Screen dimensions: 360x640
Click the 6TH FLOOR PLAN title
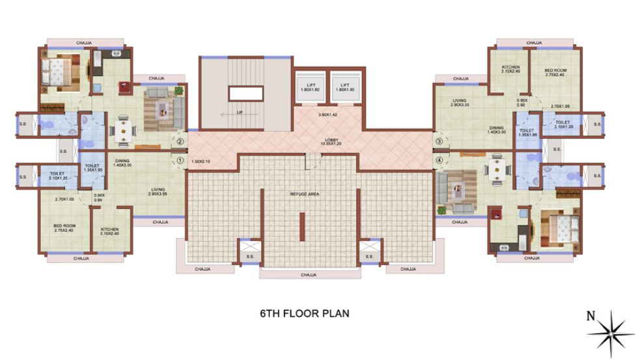(305, 313)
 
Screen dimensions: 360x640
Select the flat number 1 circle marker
(180, 156)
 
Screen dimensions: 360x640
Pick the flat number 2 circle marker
(180, 140)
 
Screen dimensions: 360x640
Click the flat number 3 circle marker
(439, 141)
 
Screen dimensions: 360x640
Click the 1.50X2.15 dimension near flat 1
(202, 161)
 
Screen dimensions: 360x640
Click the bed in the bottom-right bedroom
(558, 228)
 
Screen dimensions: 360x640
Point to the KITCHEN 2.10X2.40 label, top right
(510, 70)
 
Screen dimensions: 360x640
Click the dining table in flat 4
(497, 168)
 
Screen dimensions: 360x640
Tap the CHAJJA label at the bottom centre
(309, 275)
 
